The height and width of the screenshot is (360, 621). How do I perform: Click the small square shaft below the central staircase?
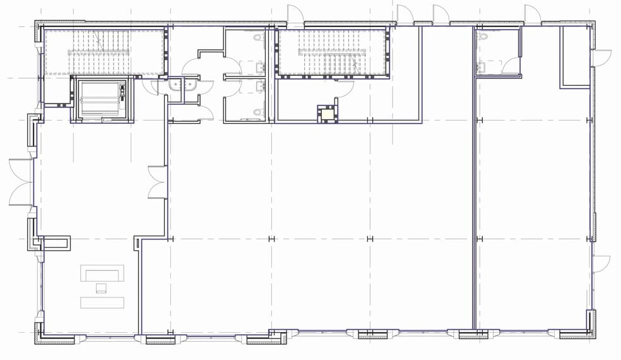(x=328, y=113)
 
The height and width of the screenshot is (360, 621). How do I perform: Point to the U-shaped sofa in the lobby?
(x=102, y=274)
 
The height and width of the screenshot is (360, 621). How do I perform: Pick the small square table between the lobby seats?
(x=101, y=289)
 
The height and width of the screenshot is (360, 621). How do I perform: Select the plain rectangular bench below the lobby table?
(x=102, y=301)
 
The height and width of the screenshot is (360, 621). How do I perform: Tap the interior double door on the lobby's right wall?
(x=157, y=182)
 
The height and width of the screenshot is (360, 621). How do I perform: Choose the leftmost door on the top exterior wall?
(x=295, y=15)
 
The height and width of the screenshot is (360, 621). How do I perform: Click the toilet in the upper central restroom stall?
(x=257, y=39)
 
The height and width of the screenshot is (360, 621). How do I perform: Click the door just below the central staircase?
(x=344, y=90)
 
